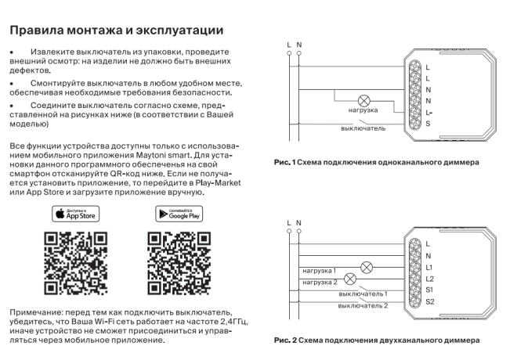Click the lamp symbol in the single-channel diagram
pos(363,101)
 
